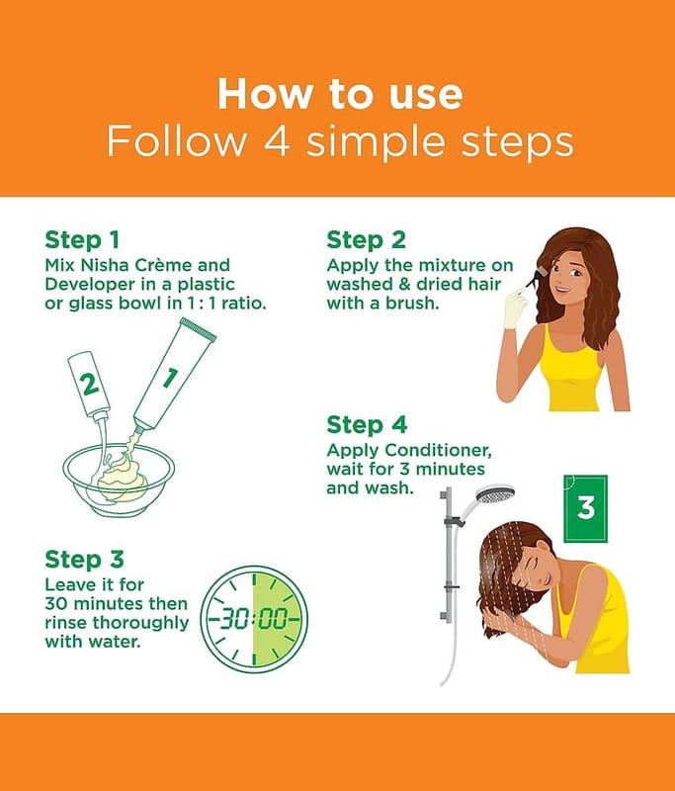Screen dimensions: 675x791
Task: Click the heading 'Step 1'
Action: click(82, 240)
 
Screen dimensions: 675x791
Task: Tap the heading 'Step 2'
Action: click(366, 240)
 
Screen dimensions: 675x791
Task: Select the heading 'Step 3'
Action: click(84, 560)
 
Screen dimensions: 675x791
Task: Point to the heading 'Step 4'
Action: click(367, 425)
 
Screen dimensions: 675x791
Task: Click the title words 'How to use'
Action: click(340, 94)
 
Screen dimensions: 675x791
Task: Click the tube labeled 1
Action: click(174, 374)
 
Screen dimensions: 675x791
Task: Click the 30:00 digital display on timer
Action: click(255, 618)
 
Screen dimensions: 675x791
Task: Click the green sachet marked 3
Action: click(586, 508)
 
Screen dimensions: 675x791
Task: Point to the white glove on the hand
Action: click(516, 308)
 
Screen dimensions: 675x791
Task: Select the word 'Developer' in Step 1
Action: click(90, 285)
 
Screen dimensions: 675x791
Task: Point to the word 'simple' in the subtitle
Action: click(377, 142)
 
